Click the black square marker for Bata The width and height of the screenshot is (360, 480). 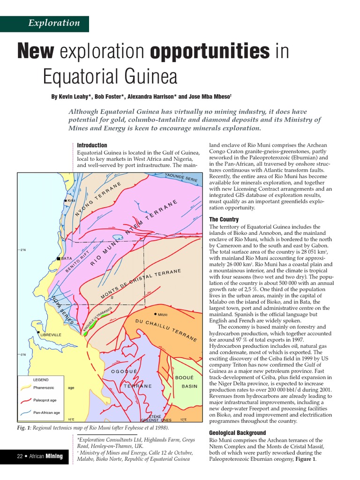pyautogui.click(x=59, y=258)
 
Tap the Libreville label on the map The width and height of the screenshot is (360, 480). pyautogui.click(x=51, y=335)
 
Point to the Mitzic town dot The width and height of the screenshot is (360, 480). pyautogui.click(x=155, y=314)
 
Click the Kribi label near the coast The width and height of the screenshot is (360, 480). pyautogui.click(x=71, y=201)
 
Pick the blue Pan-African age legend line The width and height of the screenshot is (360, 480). pyautogui.click(x=27, y=413)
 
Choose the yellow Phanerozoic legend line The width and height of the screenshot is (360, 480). pyautogui.click(x=27, y=388)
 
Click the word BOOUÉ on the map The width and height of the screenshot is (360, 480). pyautogui.click(x=184, y=377)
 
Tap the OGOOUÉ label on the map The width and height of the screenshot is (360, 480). pyautogui.click(x=124, y=372)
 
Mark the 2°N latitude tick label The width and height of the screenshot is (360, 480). pyautogui.click(x=22, y=250)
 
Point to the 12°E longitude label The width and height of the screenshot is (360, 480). pyautogui.click(x=183, y=420)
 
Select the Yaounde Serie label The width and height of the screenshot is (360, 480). pyautogui.click(x=181, y=178)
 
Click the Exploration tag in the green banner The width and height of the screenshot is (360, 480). pyautogui.click(x=54, y=23)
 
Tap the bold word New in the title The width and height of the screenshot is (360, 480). pyautogui.click(x=36, y=52)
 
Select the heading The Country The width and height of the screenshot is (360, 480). pyautogui.click(x=224, y=219)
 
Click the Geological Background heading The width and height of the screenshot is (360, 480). pyautogui.click(x=237, y=433)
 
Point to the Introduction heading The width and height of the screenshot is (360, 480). pyautogui.click(x=92, y=145)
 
